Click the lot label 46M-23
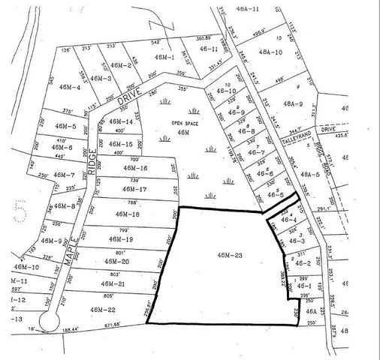point(228,256)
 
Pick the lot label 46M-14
point(120,121)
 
